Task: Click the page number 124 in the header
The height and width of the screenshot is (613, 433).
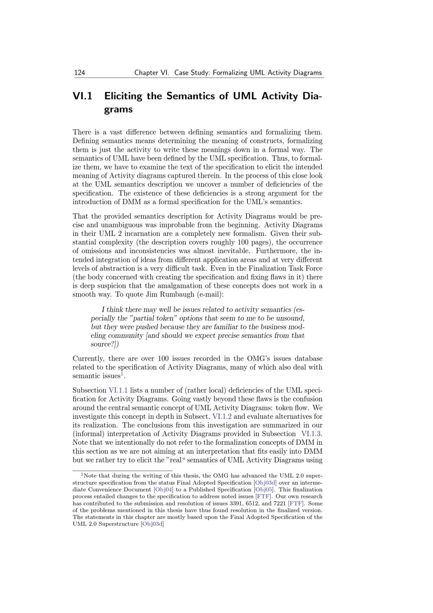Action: pyautogui.click(x=80, y=73)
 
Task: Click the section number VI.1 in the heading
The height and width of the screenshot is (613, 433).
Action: pyautogui.click(x=83, y=96)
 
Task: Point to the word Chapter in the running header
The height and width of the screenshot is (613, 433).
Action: pyautogui.click(x=145, y=73)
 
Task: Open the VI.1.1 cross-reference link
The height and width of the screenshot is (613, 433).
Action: pyautogui.click(x=118, y=390)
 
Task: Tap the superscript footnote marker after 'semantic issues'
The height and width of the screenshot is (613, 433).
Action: pyautogui.click(x=122, y=374)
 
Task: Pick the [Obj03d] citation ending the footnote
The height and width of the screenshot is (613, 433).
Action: pyautogui.click(x=152, y=524)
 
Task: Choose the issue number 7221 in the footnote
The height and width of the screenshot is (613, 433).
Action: pyautogui.click(x=278, y=503)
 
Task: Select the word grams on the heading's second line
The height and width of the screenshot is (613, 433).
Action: pyautogui.click(x=118, y=110)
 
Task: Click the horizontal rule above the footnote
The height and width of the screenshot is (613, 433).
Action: pyautogui.click(x=122, y=470)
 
